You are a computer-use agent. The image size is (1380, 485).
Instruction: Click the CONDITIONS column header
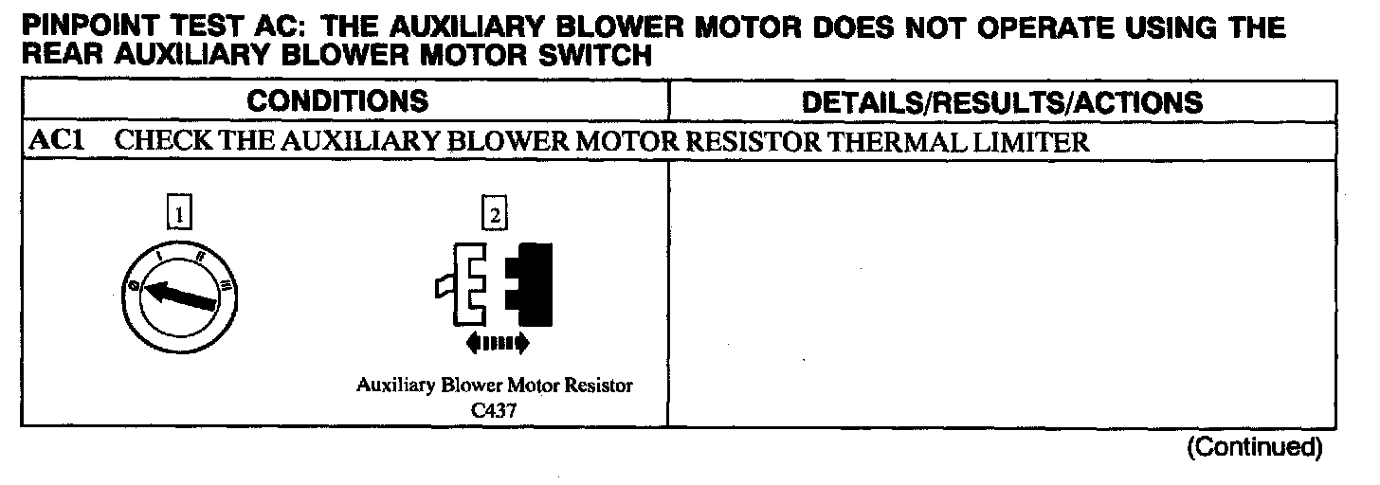pos(337,101)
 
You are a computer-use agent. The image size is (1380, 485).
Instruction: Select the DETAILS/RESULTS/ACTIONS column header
pos(1002,101)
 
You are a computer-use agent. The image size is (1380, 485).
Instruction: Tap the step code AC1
pos(52,142)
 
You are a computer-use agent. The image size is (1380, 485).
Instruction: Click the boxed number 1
pos(175,214)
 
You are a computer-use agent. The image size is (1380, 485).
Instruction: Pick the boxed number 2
pos(494,214)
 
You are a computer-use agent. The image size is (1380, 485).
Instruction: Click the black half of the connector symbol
pos(530,282)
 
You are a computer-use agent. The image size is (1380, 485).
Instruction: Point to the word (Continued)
pos(1254,446)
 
